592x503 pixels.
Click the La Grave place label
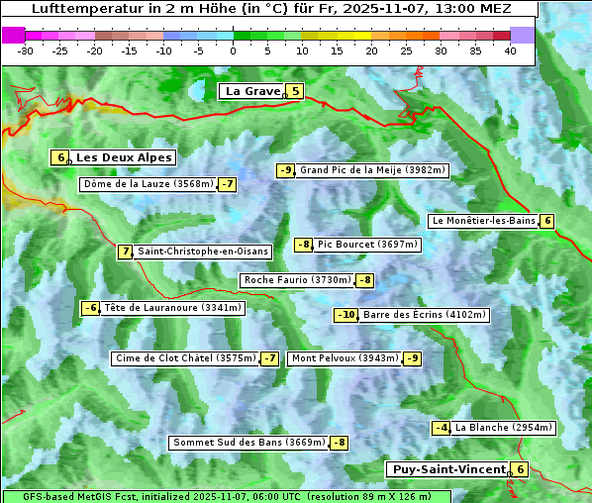point(251,91)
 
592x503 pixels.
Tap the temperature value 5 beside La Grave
point(295,91)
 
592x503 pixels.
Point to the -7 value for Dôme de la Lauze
point(228,184)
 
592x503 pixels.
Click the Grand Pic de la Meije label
point(372,170)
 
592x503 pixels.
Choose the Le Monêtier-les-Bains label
point(483,221)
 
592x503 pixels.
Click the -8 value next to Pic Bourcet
point(304,245)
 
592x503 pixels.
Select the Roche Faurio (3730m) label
point(297,280)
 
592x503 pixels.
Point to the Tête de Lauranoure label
point(172,308)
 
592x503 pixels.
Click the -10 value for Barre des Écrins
point(345,315)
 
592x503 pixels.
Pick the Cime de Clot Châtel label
point(185,358)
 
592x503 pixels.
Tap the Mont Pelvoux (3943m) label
point(345,358)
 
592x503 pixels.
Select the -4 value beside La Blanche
point(442,428)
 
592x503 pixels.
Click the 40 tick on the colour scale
point(510,50)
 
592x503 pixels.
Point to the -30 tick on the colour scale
point(26,50)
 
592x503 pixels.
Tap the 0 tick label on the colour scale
point(234,50)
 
